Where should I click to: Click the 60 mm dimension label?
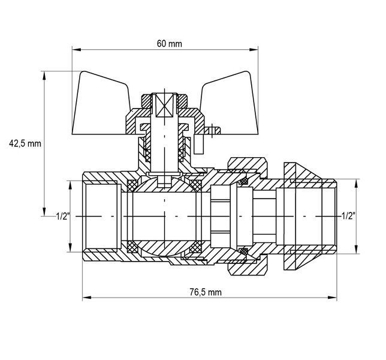coord(170,44)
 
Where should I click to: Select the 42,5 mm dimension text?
coord(25,143)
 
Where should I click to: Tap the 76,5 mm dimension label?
coord(206,292)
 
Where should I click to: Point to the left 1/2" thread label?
coord(63,217)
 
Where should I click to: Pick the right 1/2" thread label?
coord(348,216)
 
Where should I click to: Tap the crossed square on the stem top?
coord(164,105)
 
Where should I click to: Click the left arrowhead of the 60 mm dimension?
coord(77,50)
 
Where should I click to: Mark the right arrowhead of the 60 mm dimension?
coord(254,50)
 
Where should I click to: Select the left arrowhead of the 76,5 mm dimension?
coord(87,298)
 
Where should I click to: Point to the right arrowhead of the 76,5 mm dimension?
coord(332,298)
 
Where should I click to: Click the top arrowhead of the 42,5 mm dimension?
coord(44,76)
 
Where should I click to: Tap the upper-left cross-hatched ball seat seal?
coord(132,185)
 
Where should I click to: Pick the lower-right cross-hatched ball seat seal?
coord(196,247)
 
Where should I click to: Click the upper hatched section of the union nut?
coord(248,165)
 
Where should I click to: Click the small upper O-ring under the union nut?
coord(244,181)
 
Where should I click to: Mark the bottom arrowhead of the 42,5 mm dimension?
coord(44,212)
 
